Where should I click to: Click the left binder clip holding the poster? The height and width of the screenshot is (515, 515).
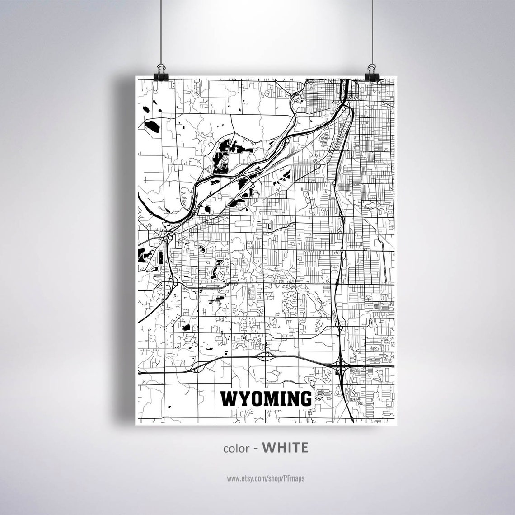pos(160,72)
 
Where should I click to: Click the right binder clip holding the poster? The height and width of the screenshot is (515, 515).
pos(372,72)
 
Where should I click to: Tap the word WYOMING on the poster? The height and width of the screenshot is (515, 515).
pos(266,398)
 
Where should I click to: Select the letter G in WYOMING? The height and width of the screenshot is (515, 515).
pos(305,398)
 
